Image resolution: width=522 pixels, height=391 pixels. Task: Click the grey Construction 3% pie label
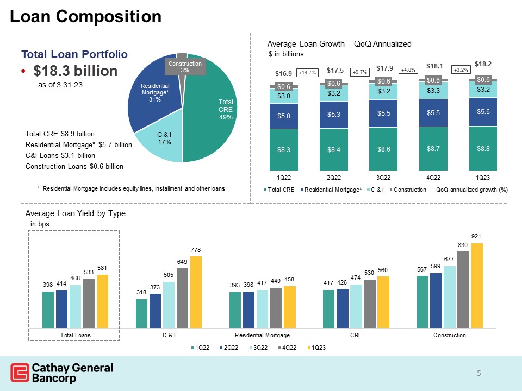pos(185,67)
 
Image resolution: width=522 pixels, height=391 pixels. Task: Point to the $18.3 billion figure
pos(75,72)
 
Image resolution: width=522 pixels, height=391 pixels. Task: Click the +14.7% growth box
pos(307,72)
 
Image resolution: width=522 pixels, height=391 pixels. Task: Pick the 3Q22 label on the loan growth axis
pos(384,178)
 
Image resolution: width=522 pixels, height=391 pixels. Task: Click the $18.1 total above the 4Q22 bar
pos(434,66)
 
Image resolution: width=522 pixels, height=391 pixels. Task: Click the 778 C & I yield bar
pos(196,292)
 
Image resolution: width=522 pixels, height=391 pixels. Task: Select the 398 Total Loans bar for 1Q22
pos(48,310)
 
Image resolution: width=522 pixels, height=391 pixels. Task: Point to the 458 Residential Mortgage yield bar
pos(289,307)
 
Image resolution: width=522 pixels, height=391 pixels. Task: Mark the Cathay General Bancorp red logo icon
pos(20,373)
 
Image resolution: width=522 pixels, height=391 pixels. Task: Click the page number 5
pos(479,373)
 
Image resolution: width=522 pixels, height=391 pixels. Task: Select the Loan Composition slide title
pos(86,17)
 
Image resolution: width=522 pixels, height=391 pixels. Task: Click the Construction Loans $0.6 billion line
pos(74,166)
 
